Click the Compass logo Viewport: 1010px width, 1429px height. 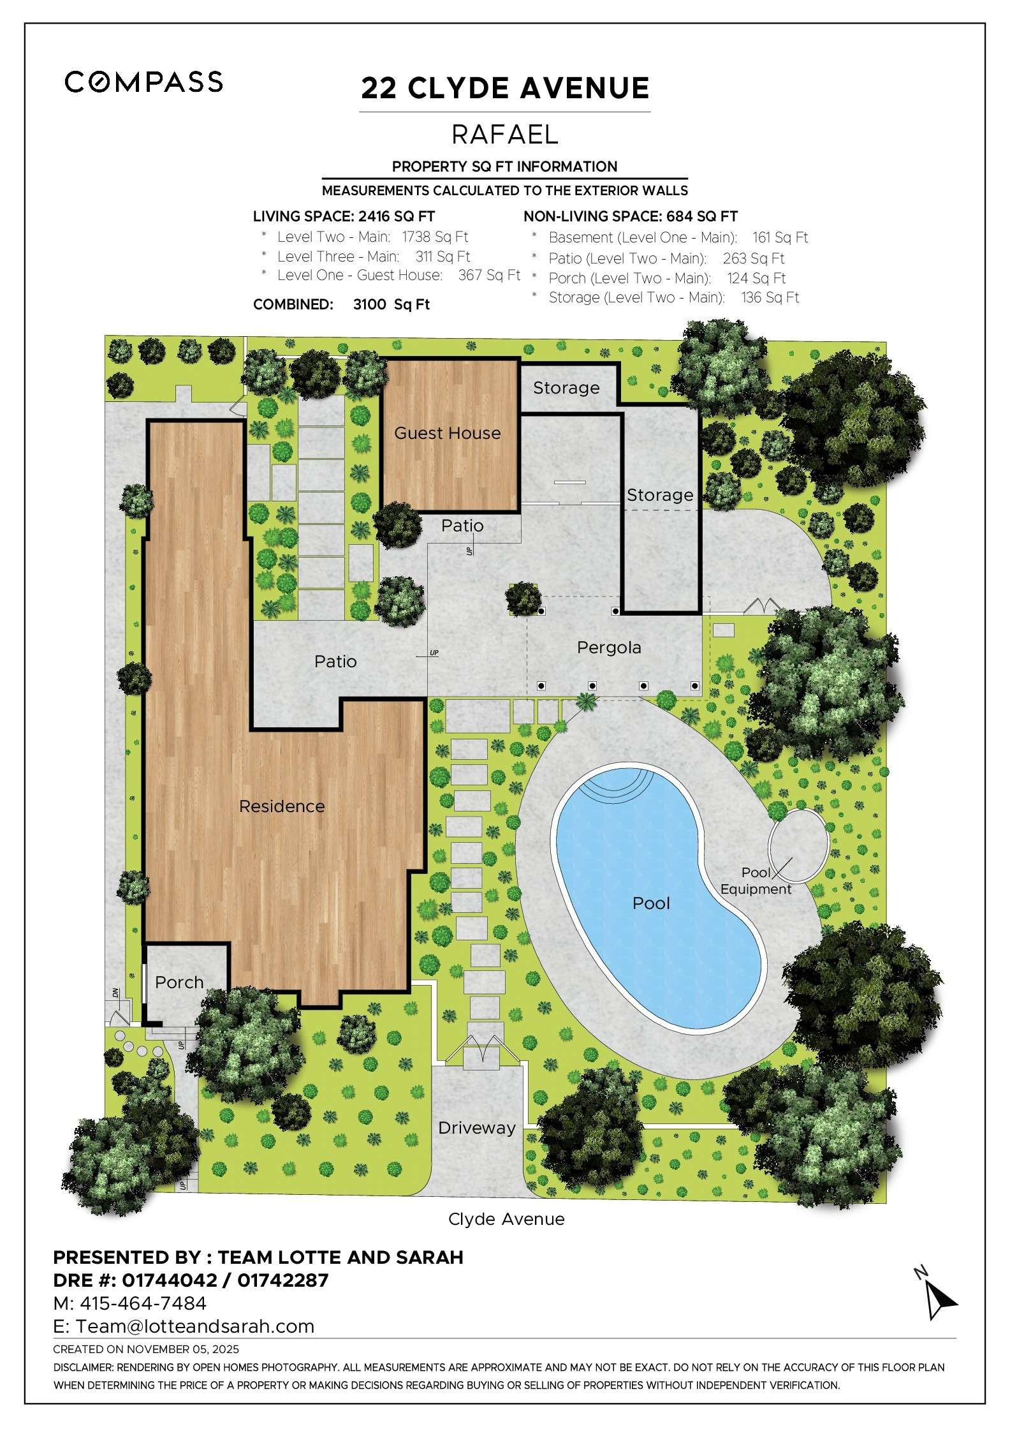coord(143,82)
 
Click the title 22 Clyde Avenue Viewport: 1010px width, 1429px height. coord(505,88)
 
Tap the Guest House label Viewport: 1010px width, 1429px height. coord(447,433)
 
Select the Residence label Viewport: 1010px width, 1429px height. coord(282,806)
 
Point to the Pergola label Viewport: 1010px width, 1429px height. coord(609,648)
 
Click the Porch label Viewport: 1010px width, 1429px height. coord(179,982)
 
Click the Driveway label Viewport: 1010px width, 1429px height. coord(477,1128)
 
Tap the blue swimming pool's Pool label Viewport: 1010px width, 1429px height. coord(651,903)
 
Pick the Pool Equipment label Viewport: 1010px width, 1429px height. coord(756,881)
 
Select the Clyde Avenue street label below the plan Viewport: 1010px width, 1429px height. coord(506,1219)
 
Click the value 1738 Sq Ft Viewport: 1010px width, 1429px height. coord(435,237)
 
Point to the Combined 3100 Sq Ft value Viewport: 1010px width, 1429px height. coord(391,305)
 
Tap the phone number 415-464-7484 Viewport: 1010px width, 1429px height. coord(143,1303)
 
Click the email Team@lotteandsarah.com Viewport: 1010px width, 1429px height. coord(195,1326)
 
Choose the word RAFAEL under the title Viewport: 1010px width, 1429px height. coord(505,135)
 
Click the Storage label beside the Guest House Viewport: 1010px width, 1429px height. coord(566,388)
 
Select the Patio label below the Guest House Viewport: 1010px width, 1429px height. coord(462,526)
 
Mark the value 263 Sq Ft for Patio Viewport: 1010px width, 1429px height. coord(753,258)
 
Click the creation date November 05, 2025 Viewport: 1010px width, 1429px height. coord(183,1349)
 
